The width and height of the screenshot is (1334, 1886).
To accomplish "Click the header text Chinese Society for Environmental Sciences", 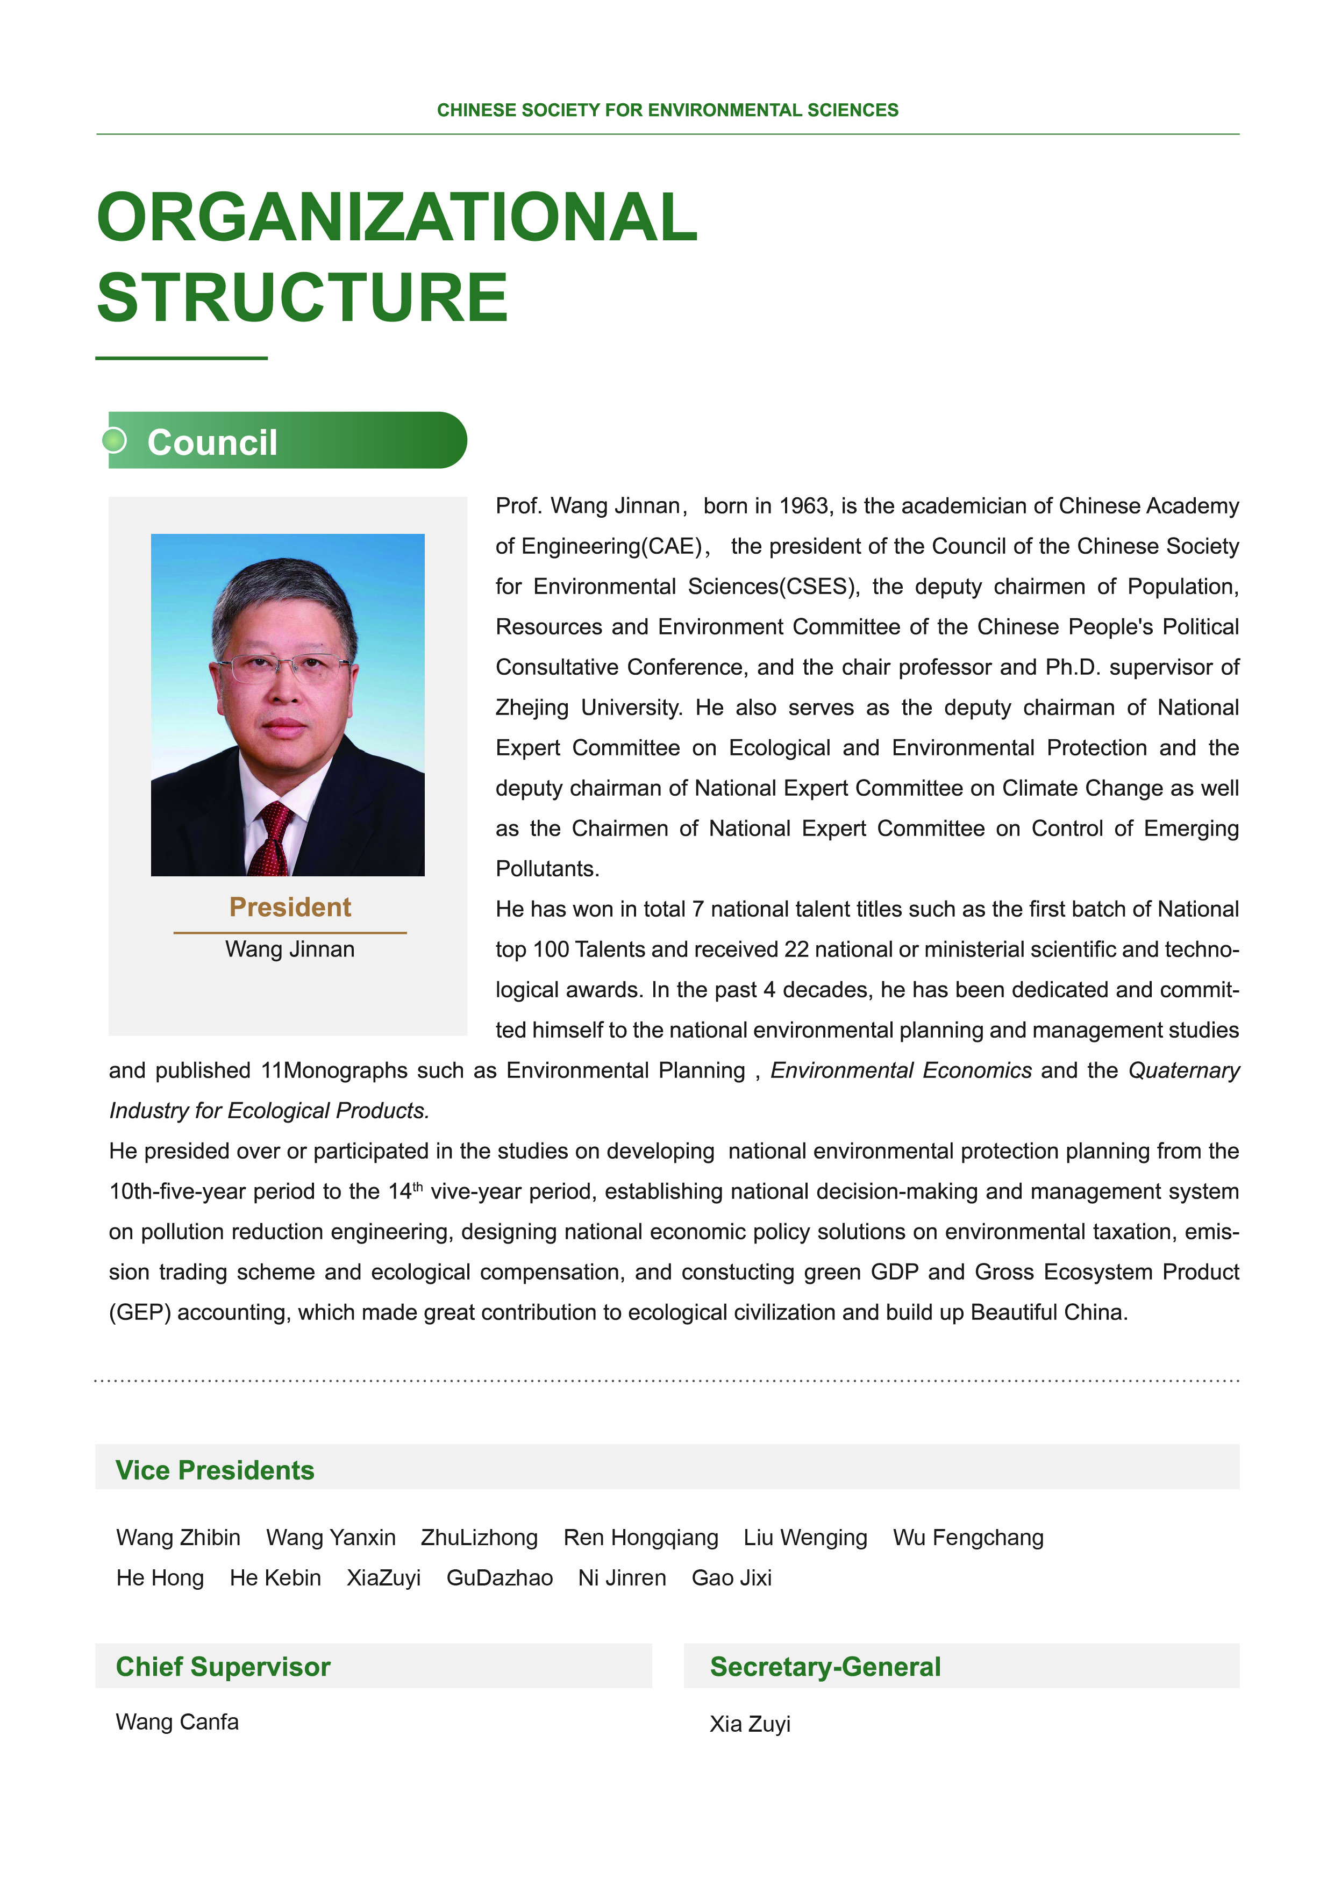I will [x=667, y=110].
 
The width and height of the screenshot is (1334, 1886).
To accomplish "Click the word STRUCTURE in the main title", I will [x=302, y=297].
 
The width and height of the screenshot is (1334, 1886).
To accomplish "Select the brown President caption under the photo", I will [x=290, y=907].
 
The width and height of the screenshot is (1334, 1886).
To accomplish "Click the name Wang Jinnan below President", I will [x=290, y=949].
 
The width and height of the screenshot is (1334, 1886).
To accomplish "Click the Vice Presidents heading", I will [x=215, y=1470].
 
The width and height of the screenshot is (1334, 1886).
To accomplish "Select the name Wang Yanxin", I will [x=331, y=1538].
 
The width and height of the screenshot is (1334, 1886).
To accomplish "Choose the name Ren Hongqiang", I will [x=641, y=1538].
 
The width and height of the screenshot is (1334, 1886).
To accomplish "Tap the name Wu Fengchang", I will [x=968, y=1538].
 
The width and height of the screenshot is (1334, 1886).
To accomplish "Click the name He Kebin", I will [x=275, y=1578].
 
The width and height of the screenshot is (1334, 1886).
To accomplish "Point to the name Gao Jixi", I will [x=731, y=1578].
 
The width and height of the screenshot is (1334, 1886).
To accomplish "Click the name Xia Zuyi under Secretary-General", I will [x=750, y=1724].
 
